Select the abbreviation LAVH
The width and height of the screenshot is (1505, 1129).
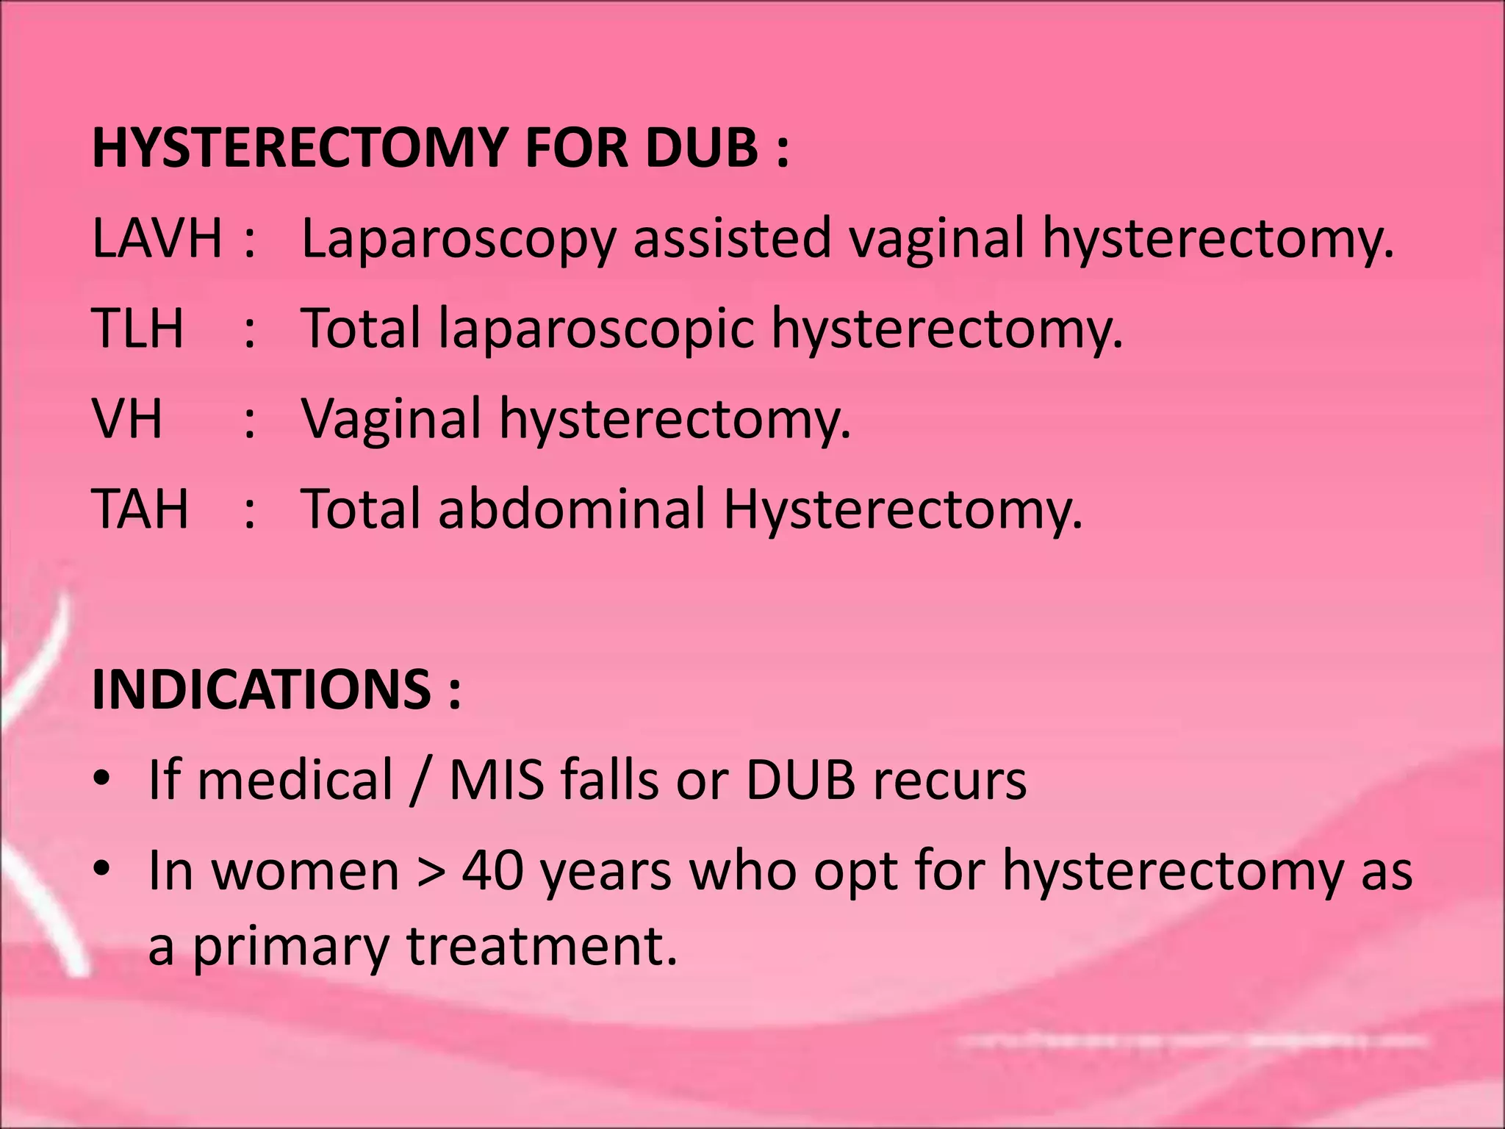point(157,238)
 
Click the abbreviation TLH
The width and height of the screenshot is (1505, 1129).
point(138,329)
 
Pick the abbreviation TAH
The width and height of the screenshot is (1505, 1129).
point(140,509)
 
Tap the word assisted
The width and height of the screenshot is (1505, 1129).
point(732,238)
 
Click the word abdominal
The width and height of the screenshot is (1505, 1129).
point(572,509)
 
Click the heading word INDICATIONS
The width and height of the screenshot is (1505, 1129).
point(262,689)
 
